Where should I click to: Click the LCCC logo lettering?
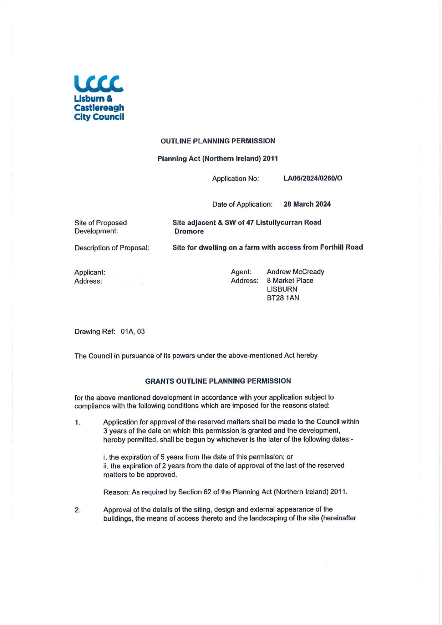[x=99, y=84]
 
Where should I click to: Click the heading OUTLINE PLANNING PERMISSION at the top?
[x=218, y=141]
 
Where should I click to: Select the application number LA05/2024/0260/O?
[x=312, y=178]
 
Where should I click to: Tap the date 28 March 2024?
[x=307, y=204]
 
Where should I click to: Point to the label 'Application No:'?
[x=235, y=178]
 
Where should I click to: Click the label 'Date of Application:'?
[x=242, y=204]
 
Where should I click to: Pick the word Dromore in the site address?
[x=189, y=231]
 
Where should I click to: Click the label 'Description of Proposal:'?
[x=112, y=248]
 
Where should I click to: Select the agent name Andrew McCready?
[x=295, y=272]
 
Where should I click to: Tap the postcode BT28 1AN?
[x=283, y=298]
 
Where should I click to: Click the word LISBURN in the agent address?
[x=282, y=289]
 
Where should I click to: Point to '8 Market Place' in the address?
[x=290, y=280]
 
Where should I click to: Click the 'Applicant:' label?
[x=90, y=272]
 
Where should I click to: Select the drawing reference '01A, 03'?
[x=133, y=331]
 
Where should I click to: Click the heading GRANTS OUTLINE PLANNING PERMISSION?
[x=218, y=381]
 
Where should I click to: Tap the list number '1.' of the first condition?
[x=78, y=422]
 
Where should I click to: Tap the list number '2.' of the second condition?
[x=78, y=510]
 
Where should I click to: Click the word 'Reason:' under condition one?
[x=116, y=492]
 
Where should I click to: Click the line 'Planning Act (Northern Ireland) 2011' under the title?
[x=218, y=158]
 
